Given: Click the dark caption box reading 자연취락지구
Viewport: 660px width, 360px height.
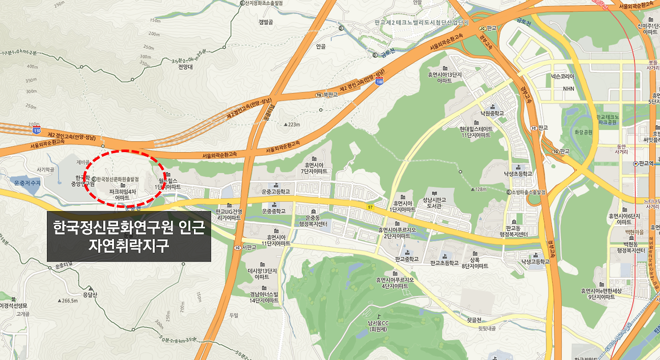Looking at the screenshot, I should click(x=129, y=236).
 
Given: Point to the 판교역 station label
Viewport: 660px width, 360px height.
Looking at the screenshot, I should click(x=646, y=163).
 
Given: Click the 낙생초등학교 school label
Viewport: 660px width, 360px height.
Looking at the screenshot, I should click(x=518, y=174).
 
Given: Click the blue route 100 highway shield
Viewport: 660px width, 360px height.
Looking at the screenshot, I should click(x=379, y=81).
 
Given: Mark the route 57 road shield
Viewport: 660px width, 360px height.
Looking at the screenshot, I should click(x=370, y=206).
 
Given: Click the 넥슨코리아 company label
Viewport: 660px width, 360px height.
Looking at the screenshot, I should click(x=561, y=76).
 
